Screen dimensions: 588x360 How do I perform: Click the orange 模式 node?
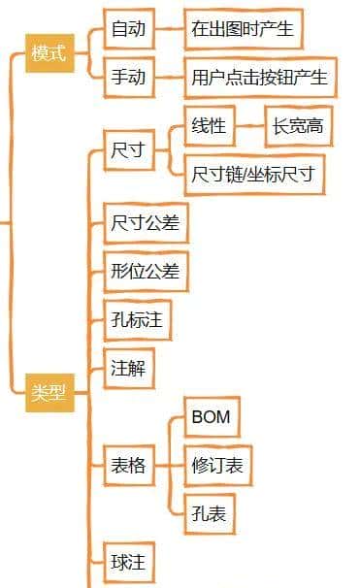point(49,53)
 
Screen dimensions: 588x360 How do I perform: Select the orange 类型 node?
point(49,392)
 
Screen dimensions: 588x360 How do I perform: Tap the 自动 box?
point(129,29)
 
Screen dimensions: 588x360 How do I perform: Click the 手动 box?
point(129,77)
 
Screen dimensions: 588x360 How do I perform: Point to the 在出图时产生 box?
point(243,29)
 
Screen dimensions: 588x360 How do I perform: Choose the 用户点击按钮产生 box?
point(259,77)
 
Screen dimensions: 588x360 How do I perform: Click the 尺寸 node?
point(129,150)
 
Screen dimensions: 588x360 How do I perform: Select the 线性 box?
point(210,126)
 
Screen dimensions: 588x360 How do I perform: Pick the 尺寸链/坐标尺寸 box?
point(253,175)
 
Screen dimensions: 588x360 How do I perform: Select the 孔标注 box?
point(137,320)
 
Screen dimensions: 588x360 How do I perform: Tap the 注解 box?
point(129,369)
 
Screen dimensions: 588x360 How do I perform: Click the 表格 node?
point(129,466)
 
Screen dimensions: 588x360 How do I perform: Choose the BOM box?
point(211,418)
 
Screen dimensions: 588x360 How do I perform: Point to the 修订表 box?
point(217,466)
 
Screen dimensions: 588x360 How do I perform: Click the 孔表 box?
point(209,514)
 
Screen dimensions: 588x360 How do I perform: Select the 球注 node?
point(129,561)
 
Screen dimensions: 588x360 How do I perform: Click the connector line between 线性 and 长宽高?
point(250,126)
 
